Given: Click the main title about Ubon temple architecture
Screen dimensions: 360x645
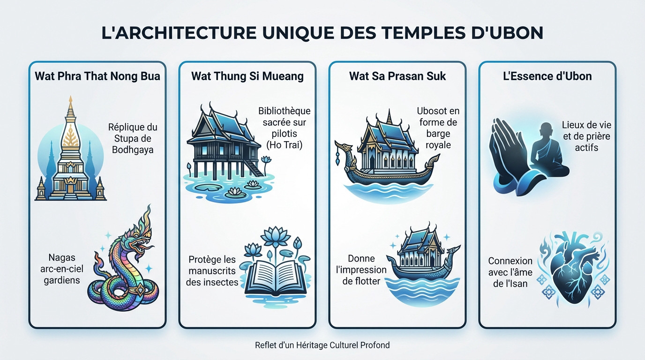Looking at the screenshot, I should tap(322, 33).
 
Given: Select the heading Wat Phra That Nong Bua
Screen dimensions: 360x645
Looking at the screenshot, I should tap(97, 76).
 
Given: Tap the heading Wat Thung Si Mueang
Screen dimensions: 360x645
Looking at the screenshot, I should tap(247, 76).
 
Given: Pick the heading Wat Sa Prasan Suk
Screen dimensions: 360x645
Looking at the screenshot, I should tap(397, 76).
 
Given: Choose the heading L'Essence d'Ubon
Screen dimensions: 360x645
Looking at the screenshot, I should tap(547, 76).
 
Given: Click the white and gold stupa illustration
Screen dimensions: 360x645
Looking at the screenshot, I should tap(71, 155).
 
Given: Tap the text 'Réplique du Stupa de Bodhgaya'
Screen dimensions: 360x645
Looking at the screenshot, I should tap(132, 138).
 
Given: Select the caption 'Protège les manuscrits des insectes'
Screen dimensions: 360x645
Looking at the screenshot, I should tap(213, 270).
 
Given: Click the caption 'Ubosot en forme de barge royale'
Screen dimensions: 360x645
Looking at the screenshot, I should tap(438, 128).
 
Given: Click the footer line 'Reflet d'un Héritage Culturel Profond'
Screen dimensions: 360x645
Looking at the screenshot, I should tap(322, 345).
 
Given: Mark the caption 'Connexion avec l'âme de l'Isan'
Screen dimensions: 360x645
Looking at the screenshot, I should tap(510, 272).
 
